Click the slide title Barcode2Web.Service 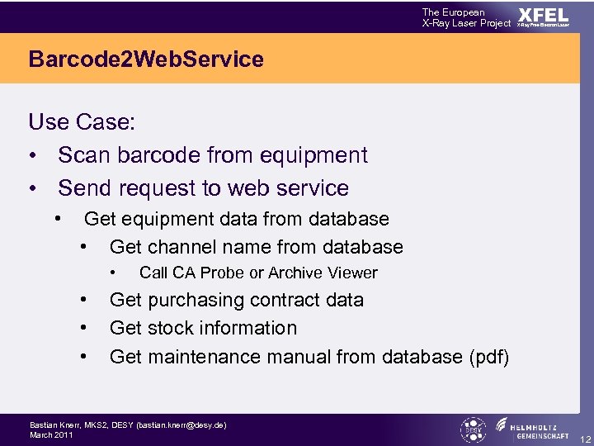pyautogui.click(x=146, y=59)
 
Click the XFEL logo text pyautogui.click(x=543, y=15)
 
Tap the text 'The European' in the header pyautogui.click(x=454, y=12)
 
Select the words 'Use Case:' pyautogui.click(x=82, y=122)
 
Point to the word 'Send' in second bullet pyautogui.click(x=85, y=188)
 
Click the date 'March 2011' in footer pyautogui.click(x=51, y=434)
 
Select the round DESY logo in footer pyautogui.click(x=474, y=429)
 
